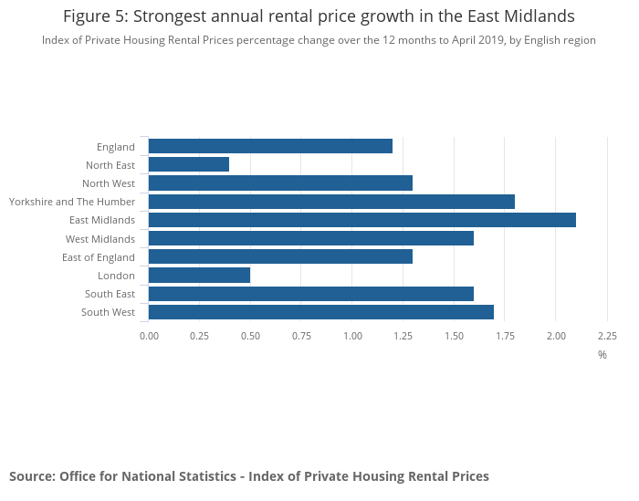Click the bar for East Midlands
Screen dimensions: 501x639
tap(361, 220)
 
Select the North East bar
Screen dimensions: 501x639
tap(188, 164)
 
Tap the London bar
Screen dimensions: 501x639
tap(199, 276)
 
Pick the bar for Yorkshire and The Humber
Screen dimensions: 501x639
tap(331, 202)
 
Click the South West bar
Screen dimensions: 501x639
tap(320, 312)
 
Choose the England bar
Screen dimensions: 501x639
tap(270, 146)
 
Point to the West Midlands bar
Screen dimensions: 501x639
tap(310, 238)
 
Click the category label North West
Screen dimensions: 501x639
tap(109, 183)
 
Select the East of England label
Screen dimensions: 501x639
tap(99, 257)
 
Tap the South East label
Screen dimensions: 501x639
tap(110, 294)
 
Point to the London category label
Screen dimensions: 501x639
tap(116, 276)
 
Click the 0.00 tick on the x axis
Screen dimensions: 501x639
tap(149, 336)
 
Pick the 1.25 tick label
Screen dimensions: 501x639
tap(403, 336)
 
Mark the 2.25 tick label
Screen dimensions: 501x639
tap(607, 336)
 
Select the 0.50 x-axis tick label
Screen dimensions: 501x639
tap(250, 336)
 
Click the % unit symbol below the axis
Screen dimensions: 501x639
tap(602, 355)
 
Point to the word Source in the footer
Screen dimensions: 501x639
tap(31, 476)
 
